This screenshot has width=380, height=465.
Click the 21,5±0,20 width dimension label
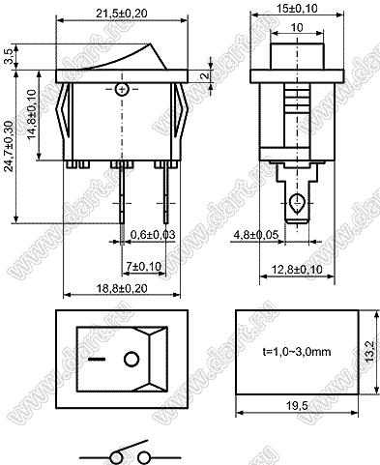pyautogui.click(x=122, y=14)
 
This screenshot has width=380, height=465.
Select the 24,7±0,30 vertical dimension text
pyautogui.click(x=10, y=146)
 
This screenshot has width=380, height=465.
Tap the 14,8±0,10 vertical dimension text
pyautogui.click(x=32, y=115)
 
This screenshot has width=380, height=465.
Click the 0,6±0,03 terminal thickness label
pyautogui.click(x=153, y=235)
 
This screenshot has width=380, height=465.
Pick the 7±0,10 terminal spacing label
pyautogui.click(x=144, y=266)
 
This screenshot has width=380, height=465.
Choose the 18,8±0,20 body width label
pyautogui.click(x=122, y=288)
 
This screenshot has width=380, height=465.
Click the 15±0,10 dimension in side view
pyautogui.click(x=297, y=9)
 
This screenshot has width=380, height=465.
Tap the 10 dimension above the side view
pyautogui.click(x=297, y=28)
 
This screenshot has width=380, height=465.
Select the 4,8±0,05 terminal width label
pyautogui.click(x=256, y=235)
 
